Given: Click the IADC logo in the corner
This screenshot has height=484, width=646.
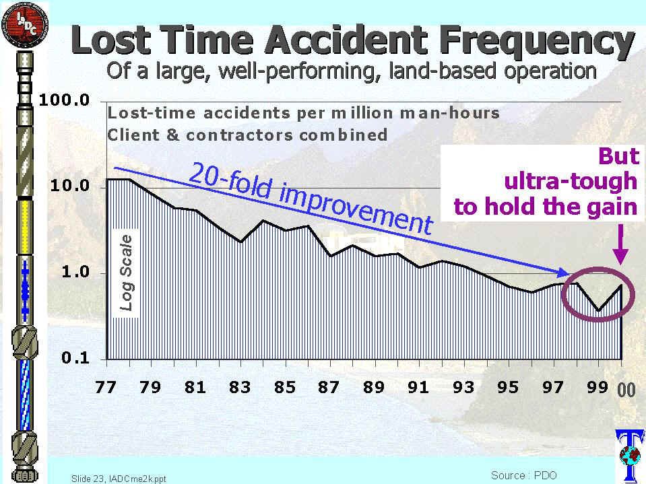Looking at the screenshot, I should coord(23,24).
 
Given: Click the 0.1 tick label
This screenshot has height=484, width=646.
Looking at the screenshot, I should coord(73,358).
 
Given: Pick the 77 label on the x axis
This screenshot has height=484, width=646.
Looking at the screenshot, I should coord(105,387).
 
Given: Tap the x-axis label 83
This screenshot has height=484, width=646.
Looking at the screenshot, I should coord(240,387).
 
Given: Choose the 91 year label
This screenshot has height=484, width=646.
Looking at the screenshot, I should coord(418,387).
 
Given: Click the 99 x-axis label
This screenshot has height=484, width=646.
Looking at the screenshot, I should coord(597,387).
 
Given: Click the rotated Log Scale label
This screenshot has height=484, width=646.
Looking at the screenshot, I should coord(126,272).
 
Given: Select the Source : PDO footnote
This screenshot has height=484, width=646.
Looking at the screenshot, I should coord(524,475).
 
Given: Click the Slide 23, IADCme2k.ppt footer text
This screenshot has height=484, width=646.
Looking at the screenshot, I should coord(119,479).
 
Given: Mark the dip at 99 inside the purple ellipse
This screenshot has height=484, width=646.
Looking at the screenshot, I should coord(598,310).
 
